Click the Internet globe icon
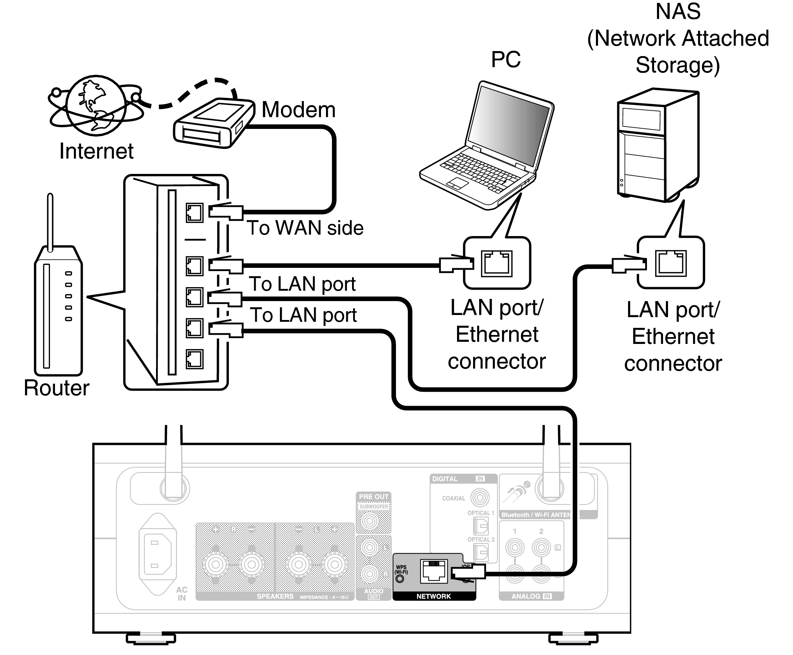click(x=96, y=106)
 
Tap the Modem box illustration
click(x=213, y=123)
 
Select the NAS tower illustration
click(x=658, y=145)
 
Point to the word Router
click(x=56, y=388)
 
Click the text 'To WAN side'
click(x=305, y=228)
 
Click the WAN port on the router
click(x=194, y=213)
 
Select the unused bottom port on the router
click(x=194, y=359)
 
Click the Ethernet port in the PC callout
click(x=497, y=263)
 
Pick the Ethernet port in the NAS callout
click(x=671, y=263)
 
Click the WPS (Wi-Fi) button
click(x=400, y=579)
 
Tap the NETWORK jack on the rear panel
click(x=434, y=571)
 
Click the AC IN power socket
click(x=157, y=554)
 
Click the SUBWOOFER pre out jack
click(x=370, y=521)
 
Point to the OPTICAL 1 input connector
click(x=481, y=526)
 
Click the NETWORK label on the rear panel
click(x=433, y=596)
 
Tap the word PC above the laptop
click(x=506, y=59)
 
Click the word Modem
click(x=298, y=110)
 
